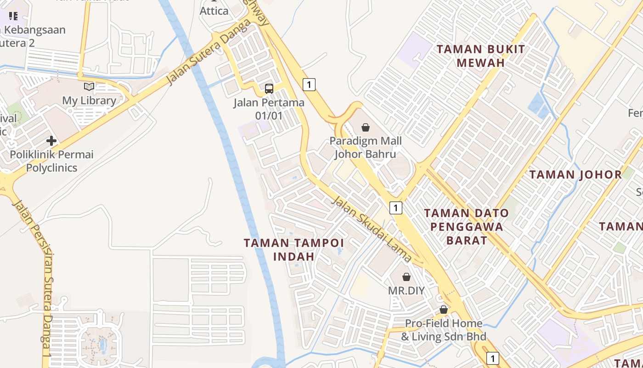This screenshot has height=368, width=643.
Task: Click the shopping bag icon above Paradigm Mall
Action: click(365, 127)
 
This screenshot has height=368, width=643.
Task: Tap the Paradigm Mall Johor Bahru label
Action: click(365, 147)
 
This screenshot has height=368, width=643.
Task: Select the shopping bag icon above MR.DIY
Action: click(406, 277)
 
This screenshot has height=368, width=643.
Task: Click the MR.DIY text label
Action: click(406, 291)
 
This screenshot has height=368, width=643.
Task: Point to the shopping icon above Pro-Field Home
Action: click(443, 310)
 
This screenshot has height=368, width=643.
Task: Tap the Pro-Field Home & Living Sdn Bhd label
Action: click(443, 330)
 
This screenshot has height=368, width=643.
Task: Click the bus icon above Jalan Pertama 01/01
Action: click(269, 89)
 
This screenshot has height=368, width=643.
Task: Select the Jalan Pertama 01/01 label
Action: click(269, 109)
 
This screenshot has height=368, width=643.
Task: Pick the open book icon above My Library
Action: click(89, 86)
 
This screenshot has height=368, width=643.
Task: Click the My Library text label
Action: click(89, 100)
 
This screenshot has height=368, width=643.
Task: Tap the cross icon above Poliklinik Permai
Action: click(51, 140)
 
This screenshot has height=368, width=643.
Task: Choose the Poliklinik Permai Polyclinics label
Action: click(51, 161)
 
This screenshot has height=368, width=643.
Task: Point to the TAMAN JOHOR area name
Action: click(575, 175)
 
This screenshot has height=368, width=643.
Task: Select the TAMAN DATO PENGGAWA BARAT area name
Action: click(466, 227)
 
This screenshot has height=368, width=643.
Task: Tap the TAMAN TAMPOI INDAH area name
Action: click(293, 249)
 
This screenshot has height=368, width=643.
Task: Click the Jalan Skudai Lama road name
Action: click(371, 229)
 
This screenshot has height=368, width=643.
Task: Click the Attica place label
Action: click(214, 11)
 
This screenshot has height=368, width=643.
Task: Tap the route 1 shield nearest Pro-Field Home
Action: click(492, 358)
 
